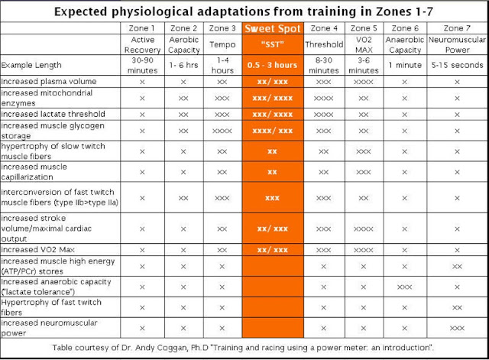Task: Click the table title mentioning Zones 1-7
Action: point(244,11)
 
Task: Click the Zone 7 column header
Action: point(457,28)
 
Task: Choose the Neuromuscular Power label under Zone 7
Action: point(457,44)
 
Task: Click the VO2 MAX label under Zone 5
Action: point(364,44)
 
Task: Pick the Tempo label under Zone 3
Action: point(222,44)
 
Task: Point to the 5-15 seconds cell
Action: point(457,66)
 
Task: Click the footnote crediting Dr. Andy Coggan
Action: point(244,347)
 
